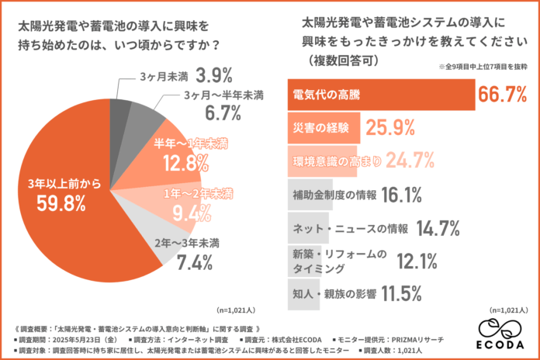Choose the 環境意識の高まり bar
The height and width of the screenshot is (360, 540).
(x=322, y=161)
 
